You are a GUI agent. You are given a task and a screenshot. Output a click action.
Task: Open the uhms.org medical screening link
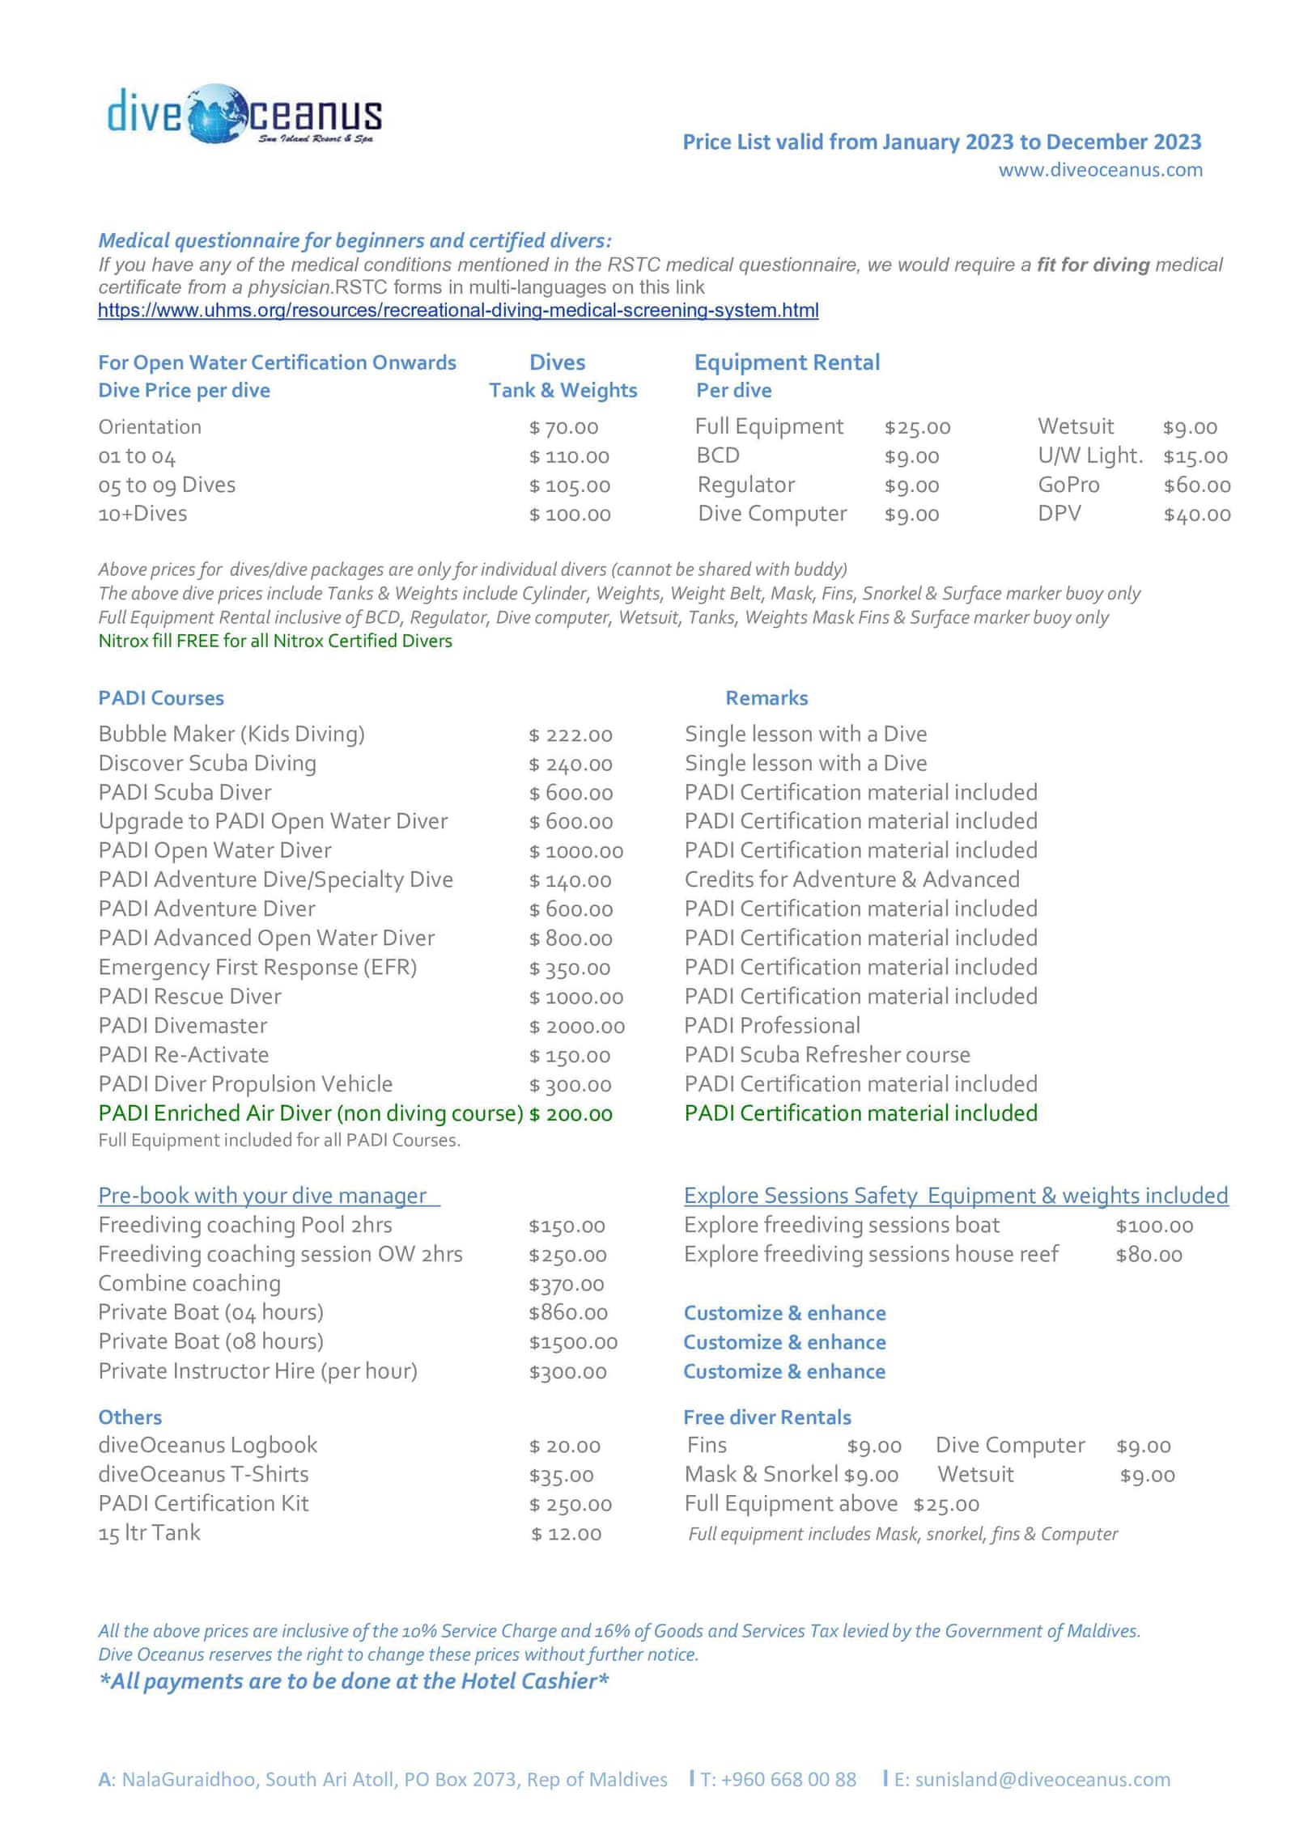(x=458, y=311)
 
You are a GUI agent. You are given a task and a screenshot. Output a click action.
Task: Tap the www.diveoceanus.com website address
(x=1100, y=170)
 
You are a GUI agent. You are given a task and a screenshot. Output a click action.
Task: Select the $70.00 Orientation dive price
(x=563, y=427)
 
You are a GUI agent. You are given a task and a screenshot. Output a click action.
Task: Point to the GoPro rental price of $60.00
(x=1196, y=485)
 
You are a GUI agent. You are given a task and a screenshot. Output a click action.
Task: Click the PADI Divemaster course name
(x=183, y=1026)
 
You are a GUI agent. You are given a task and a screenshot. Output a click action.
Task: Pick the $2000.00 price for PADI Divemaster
(x=577, y=1027)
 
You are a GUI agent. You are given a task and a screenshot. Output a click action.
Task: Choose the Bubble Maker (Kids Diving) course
(x=231, y=734)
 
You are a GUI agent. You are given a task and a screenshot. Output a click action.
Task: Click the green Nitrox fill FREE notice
(x=275, y=641)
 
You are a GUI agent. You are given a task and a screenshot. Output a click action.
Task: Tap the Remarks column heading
(x=766, y=698)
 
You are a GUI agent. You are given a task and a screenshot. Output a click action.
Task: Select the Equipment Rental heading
(x=787, y=362)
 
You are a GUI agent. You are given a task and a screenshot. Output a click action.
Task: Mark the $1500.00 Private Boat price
(x=573, y=1342)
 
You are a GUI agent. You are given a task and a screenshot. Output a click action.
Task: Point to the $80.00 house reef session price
(x=1149, y=1255)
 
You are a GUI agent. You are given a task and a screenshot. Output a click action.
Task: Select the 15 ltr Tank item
(x=150, y=1533)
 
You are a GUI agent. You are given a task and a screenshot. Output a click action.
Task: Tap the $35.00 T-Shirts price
(x=561, y=1475)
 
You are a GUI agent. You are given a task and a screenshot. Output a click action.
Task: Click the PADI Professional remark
(x=772, y=1026)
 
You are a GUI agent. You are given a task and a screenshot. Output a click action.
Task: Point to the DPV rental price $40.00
(x=1196, y=515)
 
